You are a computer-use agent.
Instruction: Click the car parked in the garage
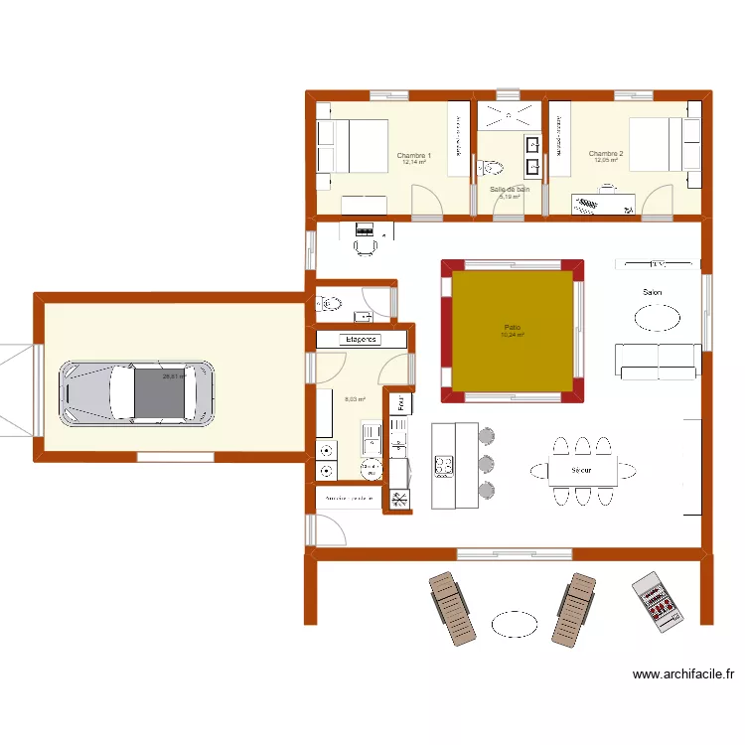tap(137, 392)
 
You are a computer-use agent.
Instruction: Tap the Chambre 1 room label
tap(413, 155)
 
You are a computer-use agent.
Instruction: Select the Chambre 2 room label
tap(606, 154)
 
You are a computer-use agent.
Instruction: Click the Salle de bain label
tap(510, 189)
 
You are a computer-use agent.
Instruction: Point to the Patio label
tap(513, 328)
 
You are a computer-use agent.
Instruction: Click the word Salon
tap(653, 292)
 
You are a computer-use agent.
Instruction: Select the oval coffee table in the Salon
tap(658, 317)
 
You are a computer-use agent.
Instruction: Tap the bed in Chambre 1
tap(352, 146)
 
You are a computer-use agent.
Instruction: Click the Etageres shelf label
tap(362, 340)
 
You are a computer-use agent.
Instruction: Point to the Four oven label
tap(400, 403)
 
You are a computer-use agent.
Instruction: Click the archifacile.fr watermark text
tap(683, 674)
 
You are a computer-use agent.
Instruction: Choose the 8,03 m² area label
tap(354, 400)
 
